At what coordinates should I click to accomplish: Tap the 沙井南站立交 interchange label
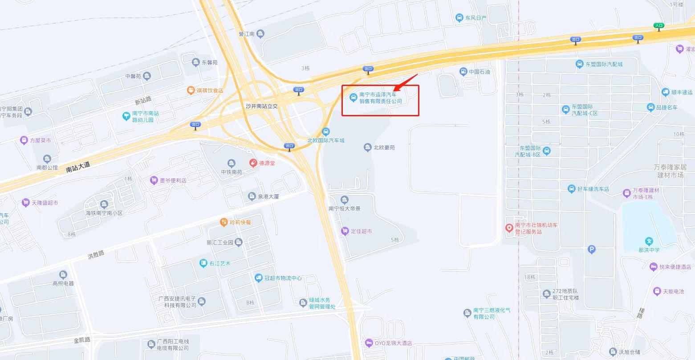click(261, 106)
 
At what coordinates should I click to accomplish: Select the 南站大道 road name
click(78, 167)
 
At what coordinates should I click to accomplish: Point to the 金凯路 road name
click(82, 340)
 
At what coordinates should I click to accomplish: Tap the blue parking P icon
click(591, 250)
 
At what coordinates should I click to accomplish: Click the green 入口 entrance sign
click(659, 26)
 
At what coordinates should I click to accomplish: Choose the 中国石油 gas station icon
click(463, 71)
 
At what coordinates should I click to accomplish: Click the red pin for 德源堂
click(253, 163)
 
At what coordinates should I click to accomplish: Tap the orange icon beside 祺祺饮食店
click(191, 90)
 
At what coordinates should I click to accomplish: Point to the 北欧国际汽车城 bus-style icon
click(326, 131)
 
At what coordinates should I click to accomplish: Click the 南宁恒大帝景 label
click(344, 209)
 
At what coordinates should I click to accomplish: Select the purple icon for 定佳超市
click(345, 231)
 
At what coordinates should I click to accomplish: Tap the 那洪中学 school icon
click(649, 241)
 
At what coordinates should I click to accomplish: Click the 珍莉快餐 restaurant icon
click(224, 222)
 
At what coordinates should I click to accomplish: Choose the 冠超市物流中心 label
click(283, 278)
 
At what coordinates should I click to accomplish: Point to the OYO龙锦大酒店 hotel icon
click(369, 343)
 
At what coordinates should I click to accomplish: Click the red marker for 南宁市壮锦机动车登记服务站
click(509, 228)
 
